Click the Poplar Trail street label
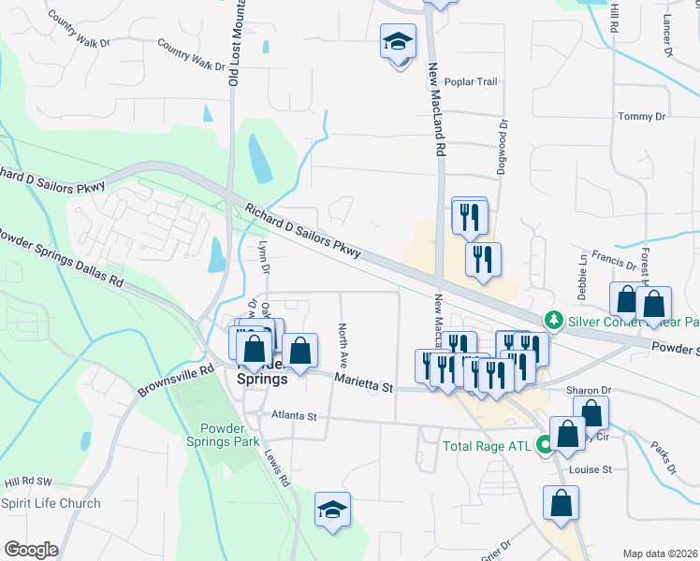tap(472, 81)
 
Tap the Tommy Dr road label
tap(641, 117)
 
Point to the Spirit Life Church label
tap(51, 504)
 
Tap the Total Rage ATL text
tap(488, 446)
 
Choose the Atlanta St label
tap(295, 414)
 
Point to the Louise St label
tap(592, 469)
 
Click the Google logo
tap(31, 550)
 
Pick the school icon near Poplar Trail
tap(399, 42)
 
